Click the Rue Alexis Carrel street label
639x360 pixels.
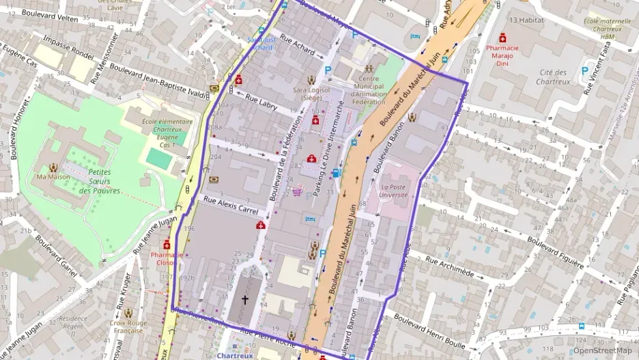coord(231,206)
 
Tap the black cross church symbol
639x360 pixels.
coord(245,300)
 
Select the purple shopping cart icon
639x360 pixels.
coord(298,192)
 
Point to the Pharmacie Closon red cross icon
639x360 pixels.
coord(167,245)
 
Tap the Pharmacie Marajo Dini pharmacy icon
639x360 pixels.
coord(502,37)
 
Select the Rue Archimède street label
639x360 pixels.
coord(449,266)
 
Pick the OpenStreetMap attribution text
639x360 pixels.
coord(602,350)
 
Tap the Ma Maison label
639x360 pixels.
coord(54,178)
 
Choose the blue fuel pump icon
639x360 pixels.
coord(336,173)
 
